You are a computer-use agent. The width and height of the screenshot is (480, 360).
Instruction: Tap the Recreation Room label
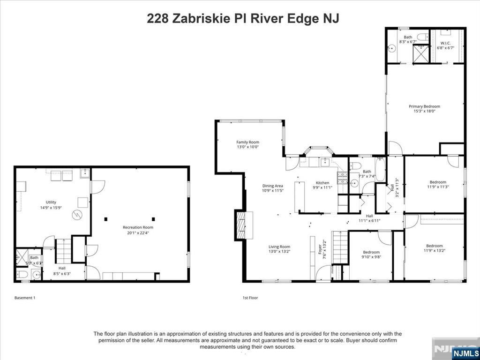tap(138, 227)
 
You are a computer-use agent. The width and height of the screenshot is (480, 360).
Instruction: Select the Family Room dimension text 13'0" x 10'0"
tap(247, 147)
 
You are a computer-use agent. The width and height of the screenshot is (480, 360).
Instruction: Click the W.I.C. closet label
tap(445, 43)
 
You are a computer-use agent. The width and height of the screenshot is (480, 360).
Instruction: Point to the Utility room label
tap(51, 202)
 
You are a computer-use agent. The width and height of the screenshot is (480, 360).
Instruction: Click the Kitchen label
tap(322, 183)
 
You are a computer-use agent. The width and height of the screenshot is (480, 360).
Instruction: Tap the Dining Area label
tap(272, 186)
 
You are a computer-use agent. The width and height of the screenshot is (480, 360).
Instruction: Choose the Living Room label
tap(279, 247)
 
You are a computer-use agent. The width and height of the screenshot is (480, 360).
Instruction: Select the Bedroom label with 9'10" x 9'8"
tap(371, 252)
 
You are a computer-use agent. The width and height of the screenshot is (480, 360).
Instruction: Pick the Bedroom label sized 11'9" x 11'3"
tap(438, 182)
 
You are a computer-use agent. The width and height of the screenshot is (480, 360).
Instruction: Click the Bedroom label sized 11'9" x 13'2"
tap(434, 246)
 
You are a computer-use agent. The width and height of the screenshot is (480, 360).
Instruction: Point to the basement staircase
tap(63, 251)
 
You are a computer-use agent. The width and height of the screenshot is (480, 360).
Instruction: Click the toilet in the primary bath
tap(421, 37)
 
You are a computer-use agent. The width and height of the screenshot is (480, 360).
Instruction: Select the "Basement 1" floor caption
tap(25, 298)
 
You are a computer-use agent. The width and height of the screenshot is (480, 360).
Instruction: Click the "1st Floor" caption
tap(250, 298)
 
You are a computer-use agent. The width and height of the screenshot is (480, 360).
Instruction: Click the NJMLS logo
tap(465, 352)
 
